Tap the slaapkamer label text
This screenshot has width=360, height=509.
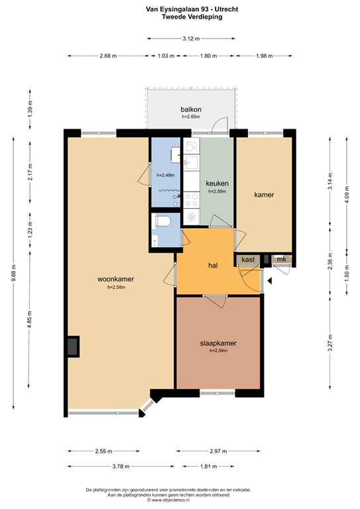pyautogui.click(x=218, y=343)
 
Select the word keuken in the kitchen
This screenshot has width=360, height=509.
pyautogui.click(x=217, y=184)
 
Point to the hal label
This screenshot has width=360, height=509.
pyautogui.click(x=213, y=265)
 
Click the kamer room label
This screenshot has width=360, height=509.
pyautogui.click(x=264, y=195)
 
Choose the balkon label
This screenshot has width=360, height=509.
pyautogui.click(x=191, y=109)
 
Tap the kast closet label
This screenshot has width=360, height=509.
pyautogui.click(x=248, y=259)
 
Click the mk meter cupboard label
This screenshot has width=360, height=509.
pyautogui.click(x=281, y=259)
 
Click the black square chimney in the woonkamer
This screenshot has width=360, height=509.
pyautogui.click(x=72, y=346)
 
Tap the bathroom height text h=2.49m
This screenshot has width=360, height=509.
pyautogui.click(x=166, y=175)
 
